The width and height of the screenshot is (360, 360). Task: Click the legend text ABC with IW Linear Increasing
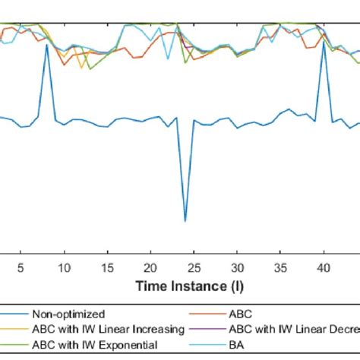(x=108, y=329)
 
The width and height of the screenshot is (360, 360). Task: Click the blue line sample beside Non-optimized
(x=14, y=314)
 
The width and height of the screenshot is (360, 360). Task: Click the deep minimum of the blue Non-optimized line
(x=185, y=221)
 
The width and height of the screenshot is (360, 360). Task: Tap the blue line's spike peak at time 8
(x=47, y=45)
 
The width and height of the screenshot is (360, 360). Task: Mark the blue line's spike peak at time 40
(x=324, y=43)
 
